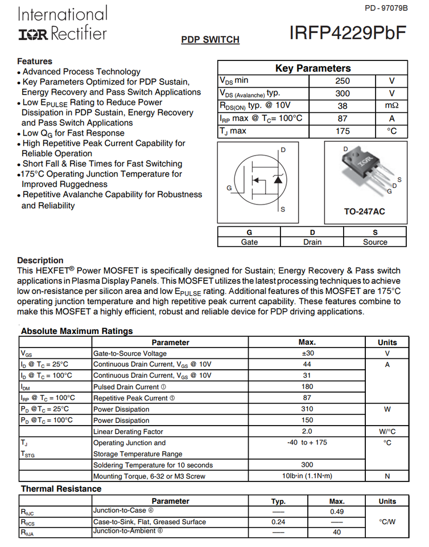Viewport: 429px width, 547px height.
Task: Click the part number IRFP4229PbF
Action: (348, 32)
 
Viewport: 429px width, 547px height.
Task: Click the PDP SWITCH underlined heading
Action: (210, 40)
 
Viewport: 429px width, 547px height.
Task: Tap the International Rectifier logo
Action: (62, 24)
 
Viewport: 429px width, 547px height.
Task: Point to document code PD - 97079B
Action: (386, 8)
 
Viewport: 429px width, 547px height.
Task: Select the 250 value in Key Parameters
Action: (343, 81)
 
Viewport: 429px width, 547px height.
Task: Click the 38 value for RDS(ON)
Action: (343, 106)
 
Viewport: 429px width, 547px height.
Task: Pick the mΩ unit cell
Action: (391, 106)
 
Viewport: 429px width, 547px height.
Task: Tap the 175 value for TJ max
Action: (343, 131)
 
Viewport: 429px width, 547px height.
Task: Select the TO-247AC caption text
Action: (364, 211)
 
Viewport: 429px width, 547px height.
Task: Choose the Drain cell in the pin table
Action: (312, 242)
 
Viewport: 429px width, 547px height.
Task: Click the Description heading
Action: (40, 260)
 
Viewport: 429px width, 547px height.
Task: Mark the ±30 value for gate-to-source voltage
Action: (307, 353)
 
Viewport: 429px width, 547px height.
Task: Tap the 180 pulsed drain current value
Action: (307, 387)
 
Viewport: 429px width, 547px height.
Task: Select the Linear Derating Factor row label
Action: (128, 432)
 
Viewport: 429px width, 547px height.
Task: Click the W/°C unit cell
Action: (387, 432)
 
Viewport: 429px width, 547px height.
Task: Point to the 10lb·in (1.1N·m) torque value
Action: (307, 476)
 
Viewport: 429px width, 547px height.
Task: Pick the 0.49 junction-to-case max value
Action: (337, 512)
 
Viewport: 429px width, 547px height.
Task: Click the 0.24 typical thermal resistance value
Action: (278, 522)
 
